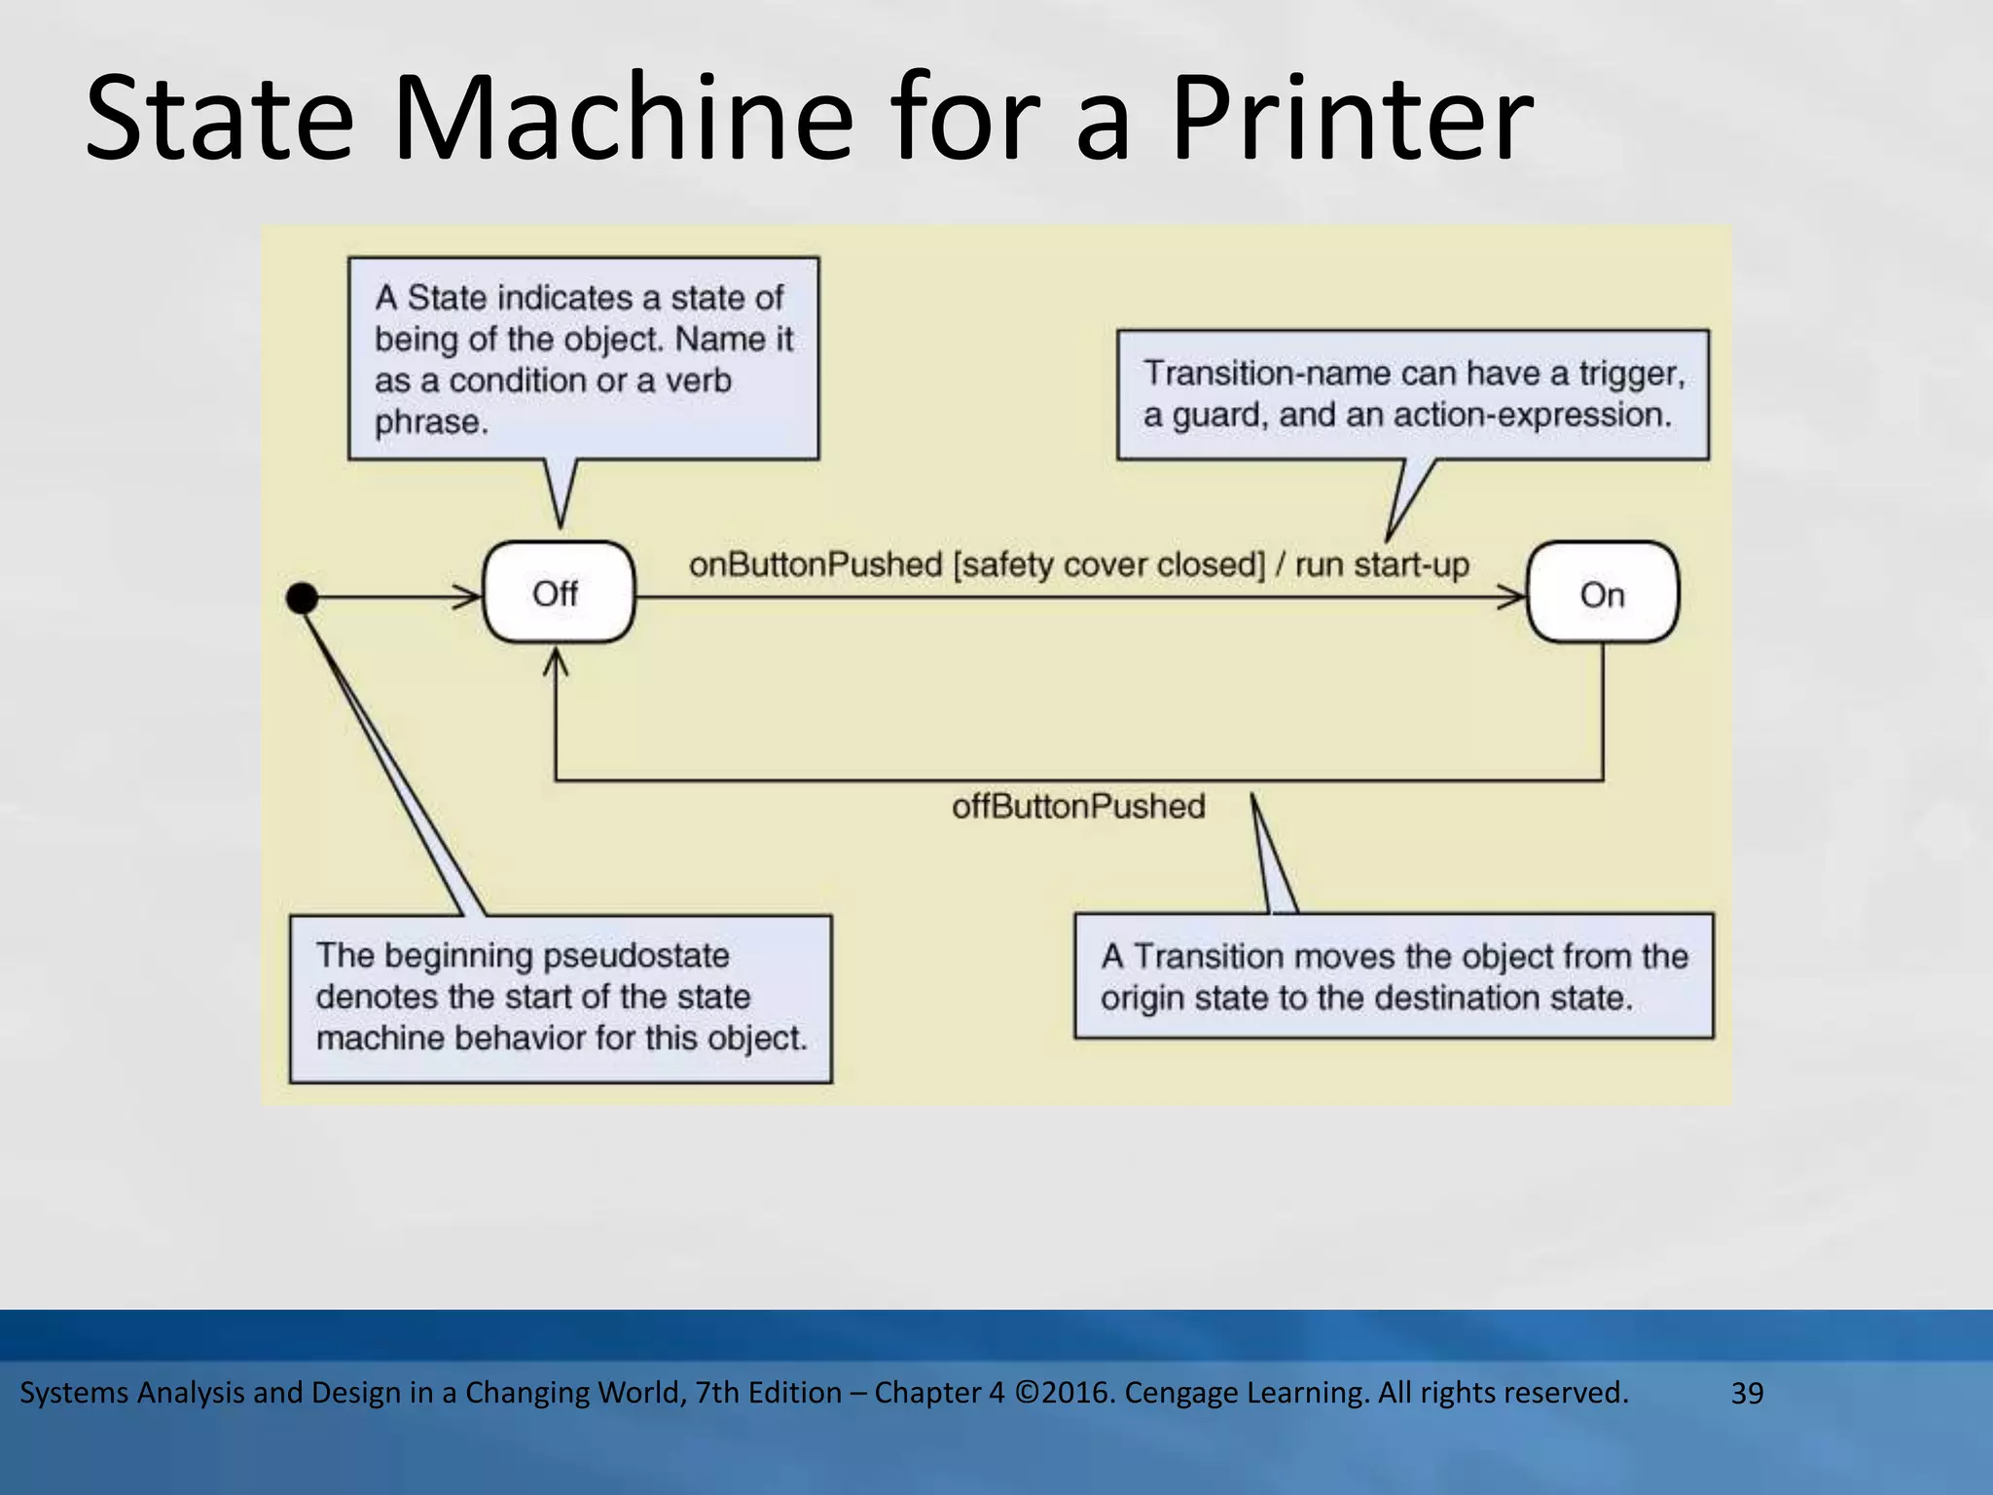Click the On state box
(x=1602, y=594)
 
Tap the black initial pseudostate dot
(x=303, y=598)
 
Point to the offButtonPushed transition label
(x=1077, y=807)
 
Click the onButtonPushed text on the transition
(x=815, y=565)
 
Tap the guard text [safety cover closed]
(x=1108, y=565)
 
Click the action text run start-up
(x=1381, y=565)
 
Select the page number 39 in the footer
(x=1747, y=1393)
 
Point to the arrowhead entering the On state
(x=1513, y=597)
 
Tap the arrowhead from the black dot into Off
(x=469, y=597)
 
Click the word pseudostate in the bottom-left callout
(x=635, y=956)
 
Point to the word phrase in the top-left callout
(x=429, y=422)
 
